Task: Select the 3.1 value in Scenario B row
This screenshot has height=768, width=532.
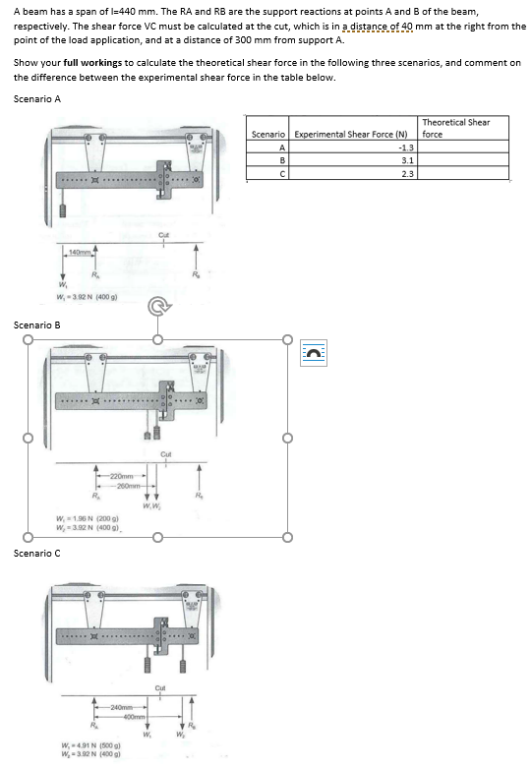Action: pos(406,159)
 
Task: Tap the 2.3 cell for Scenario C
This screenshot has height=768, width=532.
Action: pos(406,173)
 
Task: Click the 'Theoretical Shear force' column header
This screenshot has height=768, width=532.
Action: pos(464,128)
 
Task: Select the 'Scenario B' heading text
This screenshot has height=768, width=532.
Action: pos(37,324)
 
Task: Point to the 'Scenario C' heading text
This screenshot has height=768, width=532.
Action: pos(37,554)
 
